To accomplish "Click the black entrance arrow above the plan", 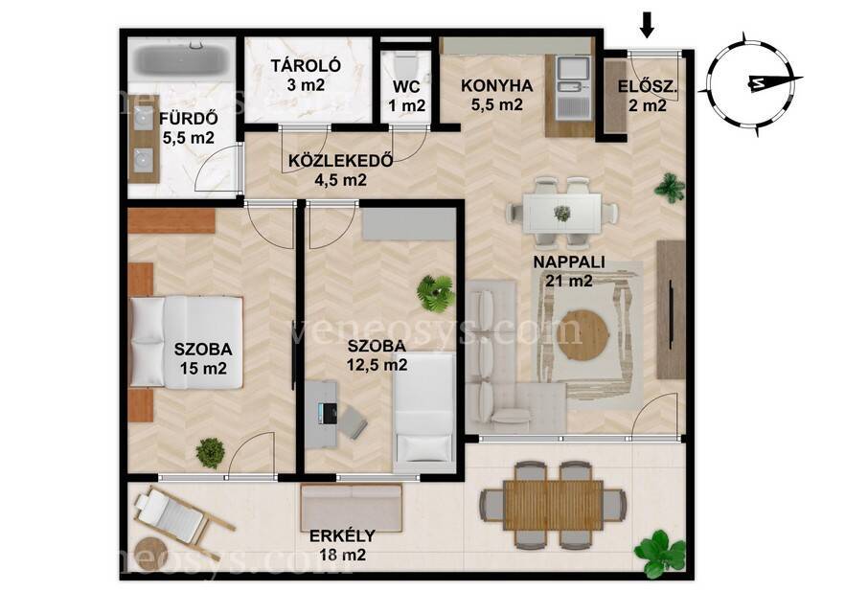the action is point(647,26).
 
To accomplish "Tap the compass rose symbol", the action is point(750,83).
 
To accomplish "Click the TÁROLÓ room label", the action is point(306,65).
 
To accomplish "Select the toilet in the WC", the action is point(406,65).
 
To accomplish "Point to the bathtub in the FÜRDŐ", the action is point(182,60).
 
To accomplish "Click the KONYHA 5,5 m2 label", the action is point(496,95).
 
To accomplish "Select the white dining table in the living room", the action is point(561,213).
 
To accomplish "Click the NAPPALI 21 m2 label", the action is point(569,271).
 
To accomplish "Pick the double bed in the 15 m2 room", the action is point(187,341).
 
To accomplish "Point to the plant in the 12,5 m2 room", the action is point(436,292).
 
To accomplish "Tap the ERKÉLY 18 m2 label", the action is point(342,545).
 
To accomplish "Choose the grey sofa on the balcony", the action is point(352,508).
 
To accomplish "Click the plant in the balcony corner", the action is point(659,554).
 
